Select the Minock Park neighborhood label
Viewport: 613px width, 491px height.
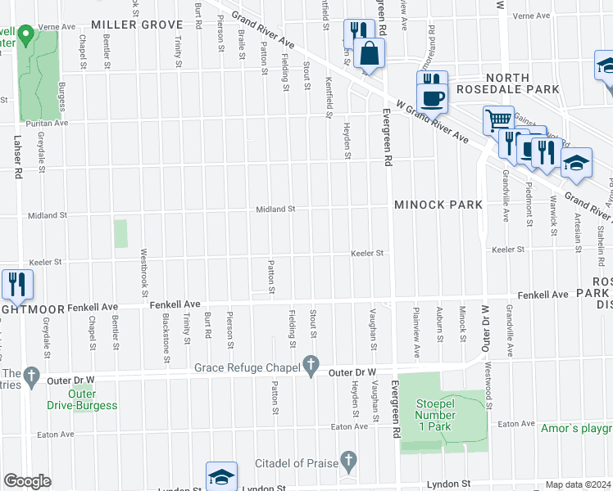pos(438,204)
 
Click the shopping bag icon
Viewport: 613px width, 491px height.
pos(370,53)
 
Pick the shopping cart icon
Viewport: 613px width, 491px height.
pos(498,121)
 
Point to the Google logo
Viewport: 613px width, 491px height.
pos(26,480)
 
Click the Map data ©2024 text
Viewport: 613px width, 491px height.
pos(578,484)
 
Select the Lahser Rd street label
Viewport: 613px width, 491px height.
pos(16,155)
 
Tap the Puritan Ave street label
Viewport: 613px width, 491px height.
pos(48,123)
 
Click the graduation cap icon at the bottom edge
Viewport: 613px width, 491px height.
pos(221,476)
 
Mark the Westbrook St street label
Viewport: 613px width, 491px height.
pos(145,272)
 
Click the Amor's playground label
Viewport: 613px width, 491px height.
pos(576,428)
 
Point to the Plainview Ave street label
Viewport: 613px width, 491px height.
pos(417,340)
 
